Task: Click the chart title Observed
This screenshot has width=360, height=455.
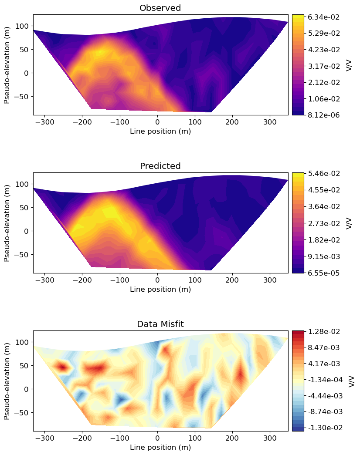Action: coord(160,8)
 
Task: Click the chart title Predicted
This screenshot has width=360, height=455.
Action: coord(160,166)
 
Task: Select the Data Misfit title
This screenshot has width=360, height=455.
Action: coord(160,324)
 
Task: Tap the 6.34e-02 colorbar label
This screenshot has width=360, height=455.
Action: coord(324,17)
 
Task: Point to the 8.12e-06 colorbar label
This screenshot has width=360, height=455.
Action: coord(324,115)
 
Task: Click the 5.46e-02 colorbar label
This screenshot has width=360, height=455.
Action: coord(324,174)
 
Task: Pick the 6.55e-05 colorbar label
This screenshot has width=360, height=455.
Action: coord(324,273)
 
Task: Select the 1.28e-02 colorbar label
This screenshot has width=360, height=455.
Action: coord(324,332)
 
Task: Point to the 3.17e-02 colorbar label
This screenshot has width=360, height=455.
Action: coord(324,66)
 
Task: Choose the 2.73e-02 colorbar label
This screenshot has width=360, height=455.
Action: coord(324,223)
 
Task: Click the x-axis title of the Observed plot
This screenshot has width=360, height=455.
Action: coord(160,131)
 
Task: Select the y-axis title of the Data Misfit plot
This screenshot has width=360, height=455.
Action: coord(7,381)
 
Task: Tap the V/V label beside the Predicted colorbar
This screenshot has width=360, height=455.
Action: coord(349,223)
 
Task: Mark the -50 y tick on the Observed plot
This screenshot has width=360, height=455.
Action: coord(23,96)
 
